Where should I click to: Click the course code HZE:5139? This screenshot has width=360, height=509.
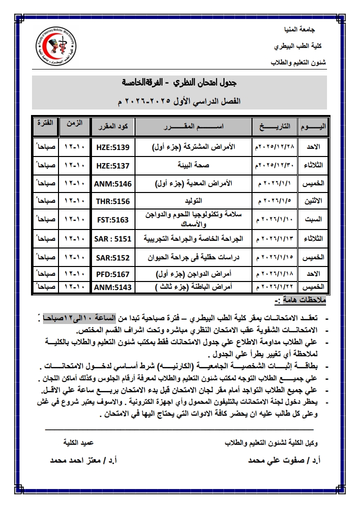(x=112, y=147)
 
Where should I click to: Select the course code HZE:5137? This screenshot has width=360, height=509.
(x=112, y=165)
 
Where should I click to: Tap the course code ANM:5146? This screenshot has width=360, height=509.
(x=112, y=183)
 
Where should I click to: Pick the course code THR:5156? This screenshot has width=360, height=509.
(x=112, y=201)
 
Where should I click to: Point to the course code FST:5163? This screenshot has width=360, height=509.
(x=112, y=219)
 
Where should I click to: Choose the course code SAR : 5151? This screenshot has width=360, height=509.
(x=112, y=238)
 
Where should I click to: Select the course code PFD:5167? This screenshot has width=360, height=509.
(x=112, y=274)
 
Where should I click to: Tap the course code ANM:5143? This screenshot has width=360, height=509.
(x=112, y=287)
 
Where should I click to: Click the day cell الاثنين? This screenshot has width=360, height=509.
(x=314, y=201)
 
